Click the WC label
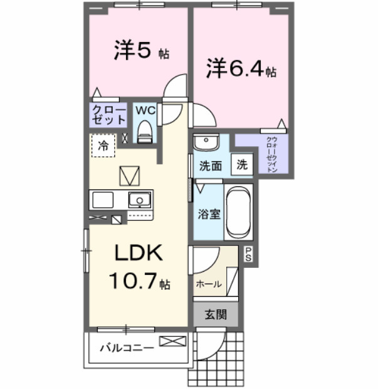click(145, 110)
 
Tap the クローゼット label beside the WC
click(108, 114)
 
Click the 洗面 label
click(211, 166)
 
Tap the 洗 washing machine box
click(242, 164)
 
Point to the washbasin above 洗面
click(204, 142)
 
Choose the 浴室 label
click(209, 214)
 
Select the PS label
click(249, 255)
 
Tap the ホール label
click(209, 284)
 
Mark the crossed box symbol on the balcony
click(173, 341)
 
